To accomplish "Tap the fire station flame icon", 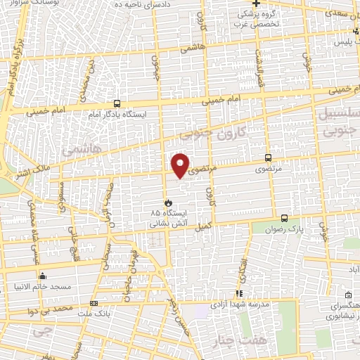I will click(x=167, y=202).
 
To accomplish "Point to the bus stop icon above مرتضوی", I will click(x=268, y=158).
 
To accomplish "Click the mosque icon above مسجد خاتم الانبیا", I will click(x=43, y=276).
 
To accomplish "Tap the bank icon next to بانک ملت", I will click(x=94, y=304).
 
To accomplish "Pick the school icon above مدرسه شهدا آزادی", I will click(x=239, y=293).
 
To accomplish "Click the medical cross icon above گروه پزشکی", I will click(x=257, y=4).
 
